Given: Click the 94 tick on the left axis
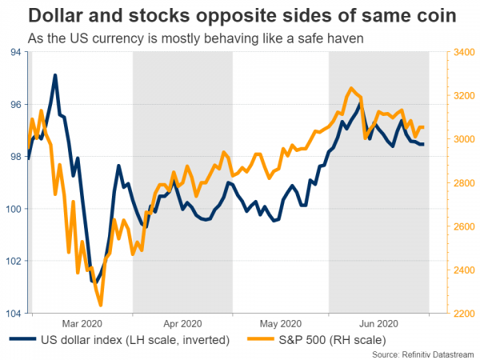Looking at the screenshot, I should tap(15, 52).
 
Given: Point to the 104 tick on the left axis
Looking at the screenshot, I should tap(13, 313).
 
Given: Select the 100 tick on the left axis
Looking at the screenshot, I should tap(13, 209).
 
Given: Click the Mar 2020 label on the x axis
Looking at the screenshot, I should tap(82, 324).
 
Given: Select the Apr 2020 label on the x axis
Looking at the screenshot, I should tap(182, 324).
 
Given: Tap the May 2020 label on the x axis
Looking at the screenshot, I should tap(280, 324).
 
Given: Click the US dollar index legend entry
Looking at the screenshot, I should tap(120, 341).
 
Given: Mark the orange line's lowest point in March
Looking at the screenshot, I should tap(101, 306).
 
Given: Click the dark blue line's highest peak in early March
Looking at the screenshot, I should tap(55, 75).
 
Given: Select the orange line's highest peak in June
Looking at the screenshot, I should tap(351, 88).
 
